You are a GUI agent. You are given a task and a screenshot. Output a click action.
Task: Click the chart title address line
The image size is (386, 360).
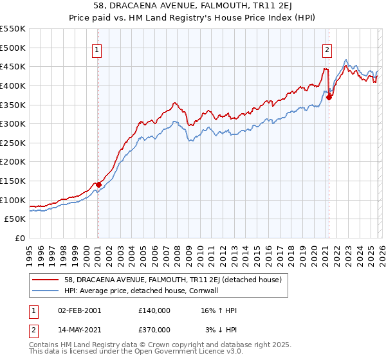coord(193,7)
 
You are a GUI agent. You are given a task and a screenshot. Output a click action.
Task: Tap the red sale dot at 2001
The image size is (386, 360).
coord(98,184)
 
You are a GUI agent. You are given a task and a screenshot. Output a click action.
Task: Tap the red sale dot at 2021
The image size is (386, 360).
coord(329,97)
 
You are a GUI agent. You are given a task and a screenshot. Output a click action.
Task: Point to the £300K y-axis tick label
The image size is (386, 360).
coord(13,123)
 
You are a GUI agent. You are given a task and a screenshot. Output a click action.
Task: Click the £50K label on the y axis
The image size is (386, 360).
coord(15,219)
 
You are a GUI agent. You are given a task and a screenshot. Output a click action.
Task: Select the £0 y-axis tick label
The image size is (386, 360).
coord(21,238)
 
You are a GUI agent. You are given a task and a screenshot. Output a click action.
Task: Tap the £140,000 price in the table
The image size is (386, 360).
coord(154,310)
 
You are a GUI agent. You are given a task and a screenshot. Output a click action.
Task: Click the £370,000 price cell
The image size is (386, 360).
coord(154,329)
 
